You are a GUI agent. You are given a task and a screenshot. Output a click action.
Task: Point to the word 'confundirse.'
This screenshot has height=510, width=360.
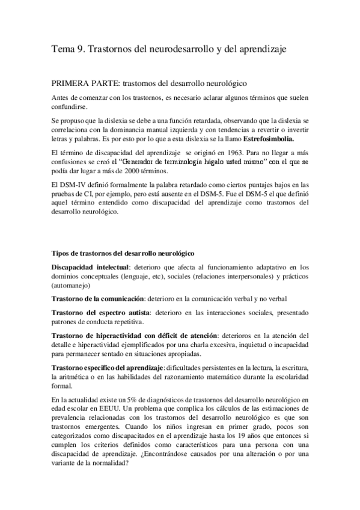pyautogui.click(x=69, y=108)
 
